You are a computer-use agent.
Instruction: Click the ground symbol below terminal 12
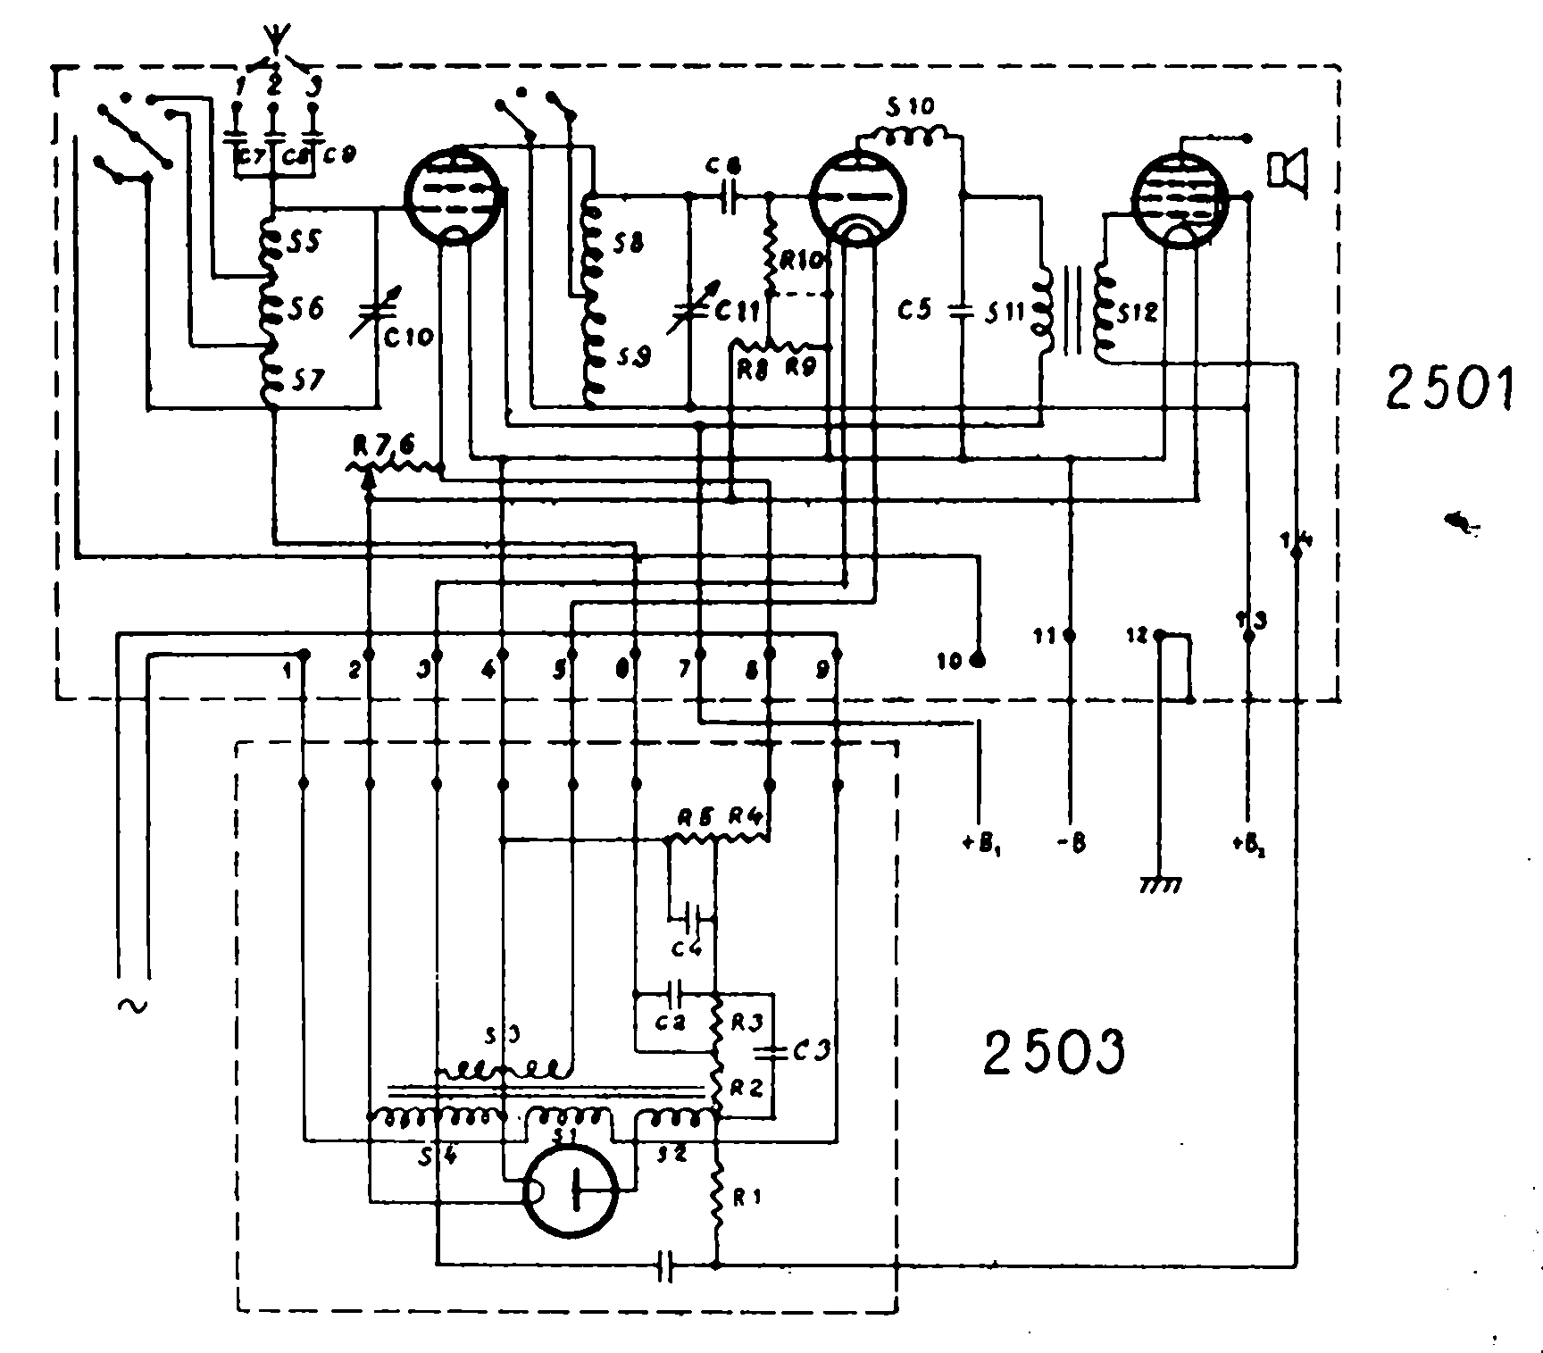tap(1160, 884)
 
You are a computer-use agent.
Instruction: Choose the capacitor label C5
tap(915, 310)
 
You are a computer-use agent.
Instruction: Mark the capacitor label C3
tap(811, 1051)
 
